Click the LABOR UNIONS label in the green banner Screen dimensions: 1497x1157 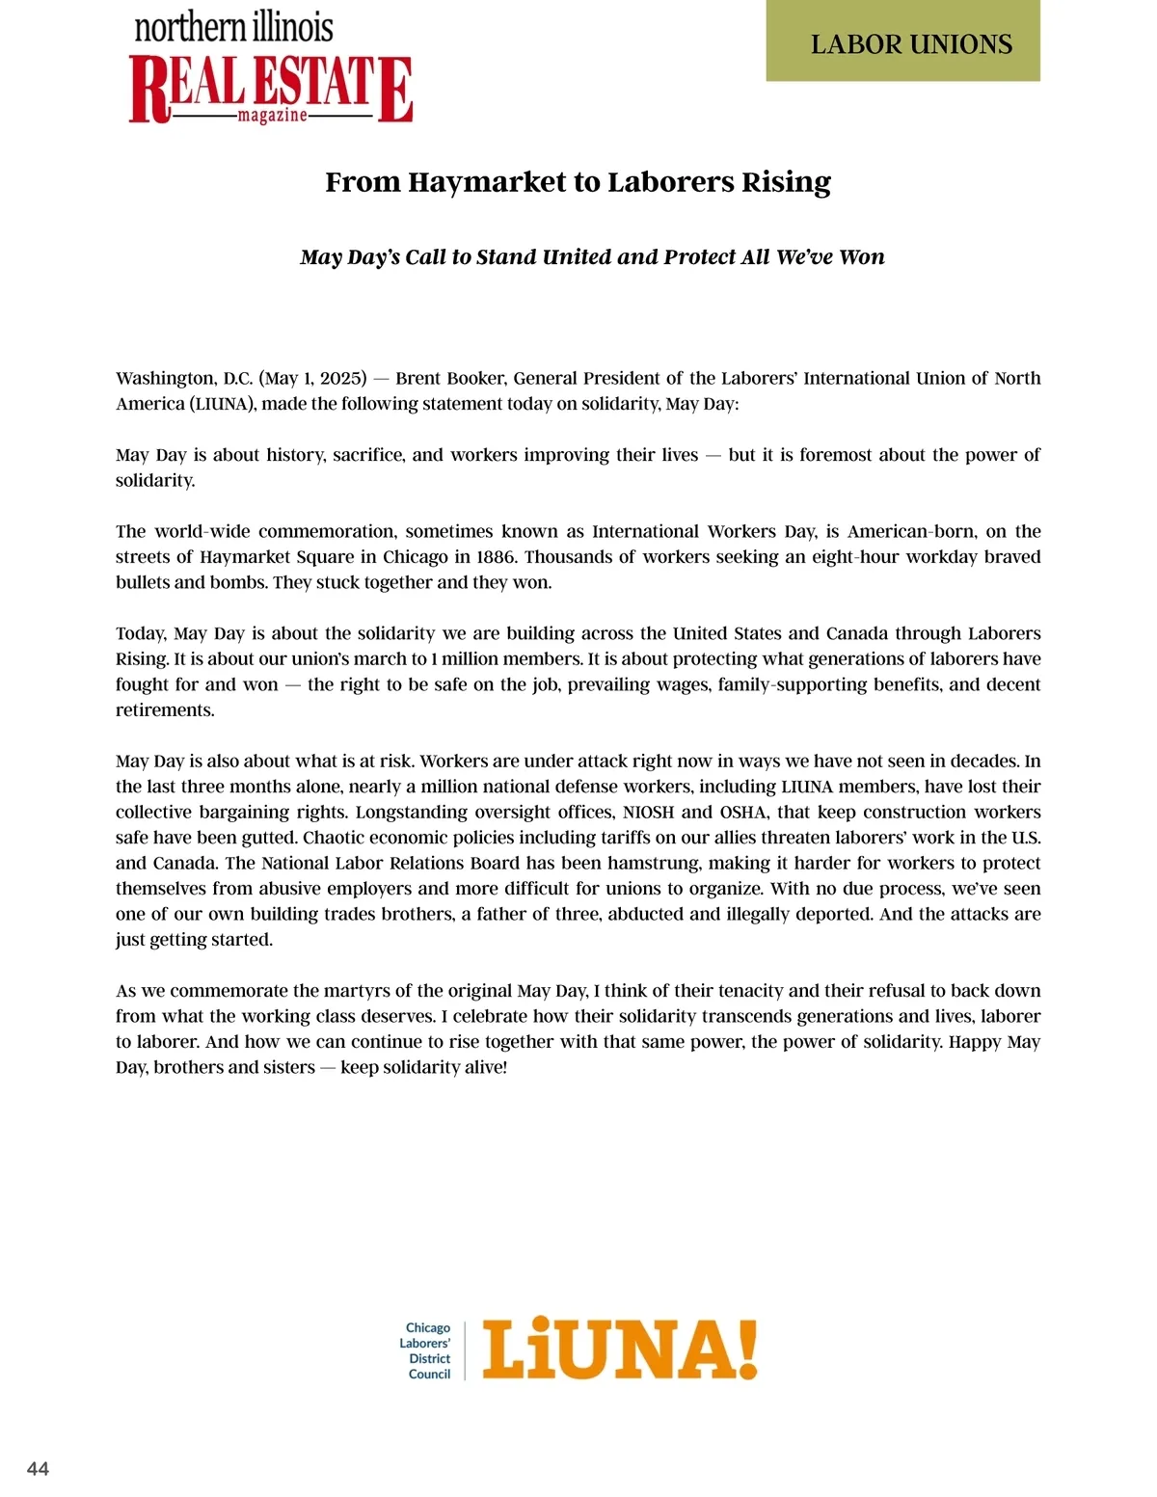[911, 44]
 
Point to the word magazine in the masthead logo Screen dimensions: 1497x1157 [273, 116]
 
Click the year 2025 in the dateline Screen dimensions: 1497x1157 [339, 379]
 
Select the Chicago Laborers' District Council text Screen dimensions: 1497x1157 [426, 1351]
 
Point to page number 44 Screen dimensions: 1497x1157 [38, 1469]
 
